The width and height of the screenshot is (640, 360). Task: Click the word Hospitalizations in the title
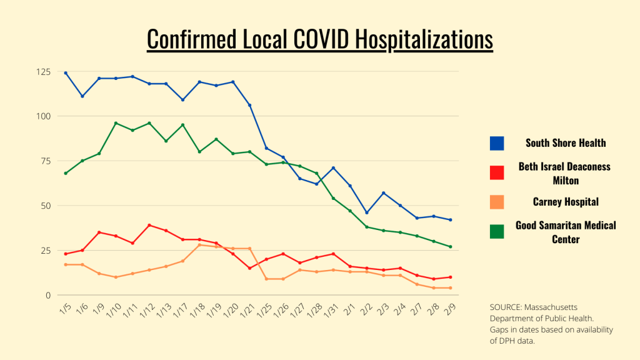[x=424, y=39]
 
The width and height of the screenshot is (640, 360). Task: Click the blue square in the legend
[x=497, y=143]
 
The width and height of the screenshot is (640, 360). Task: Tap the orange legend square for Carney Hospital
[x=497, y=202]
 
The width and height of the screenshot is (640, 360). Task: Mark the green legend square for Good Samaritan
[x=497, y=231]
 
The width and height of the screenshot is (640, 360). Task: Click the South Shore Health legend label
[x=566, y=143]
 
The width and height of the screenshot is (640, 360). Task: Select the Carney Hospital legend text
[x=566, y=202]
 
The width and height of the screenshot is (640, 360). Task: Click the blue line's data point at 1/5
[x=66, y=73]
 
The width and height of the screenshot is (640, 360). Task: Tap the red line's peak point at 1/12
[x=149, y=225]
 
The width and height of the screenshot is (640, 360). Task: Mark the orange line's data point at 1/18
[x=199, y=245]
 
